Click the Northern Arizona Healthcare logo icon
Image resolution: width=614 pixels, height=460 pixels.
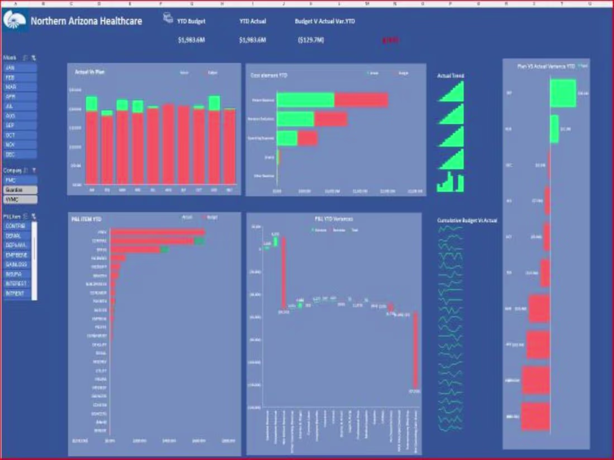pyautogui.click(x=15, y=21)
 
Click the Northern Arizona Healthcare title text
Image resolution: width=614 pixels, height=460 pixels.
pyautogui.click(x=86, y=21)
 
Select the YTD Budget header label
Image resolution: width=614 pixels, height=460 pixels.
pyautogui.click(x=191, y=21)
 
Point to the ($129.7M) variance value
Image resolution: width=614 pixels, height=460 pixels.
pyautogui.click(x=311, y=40)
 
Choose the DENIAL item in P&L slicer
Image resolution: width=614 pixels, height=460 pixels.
pyautogui.click(x=17, y=236)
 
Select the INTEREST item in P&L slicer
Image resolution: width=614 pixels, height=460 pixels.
pyautogui.click(x=17, y=283)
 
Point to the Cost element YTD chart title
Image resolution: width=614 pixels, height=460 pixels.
pyautogui.click(x=268, y=75)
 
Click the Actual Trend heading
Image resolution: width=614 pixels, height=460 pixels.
pyautogui.click(x=450, y=76)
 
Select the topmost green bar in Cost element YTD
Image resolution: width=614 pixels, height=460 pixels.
pyautogui.click(x=305, y=100)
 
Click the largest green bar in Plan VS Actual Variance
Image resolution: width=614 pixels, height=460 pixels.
pyautogui.click(x=563, y=93)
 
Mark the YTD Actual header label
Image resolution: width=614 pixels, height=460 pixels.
pyautogui.click(x=252, y=21)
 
